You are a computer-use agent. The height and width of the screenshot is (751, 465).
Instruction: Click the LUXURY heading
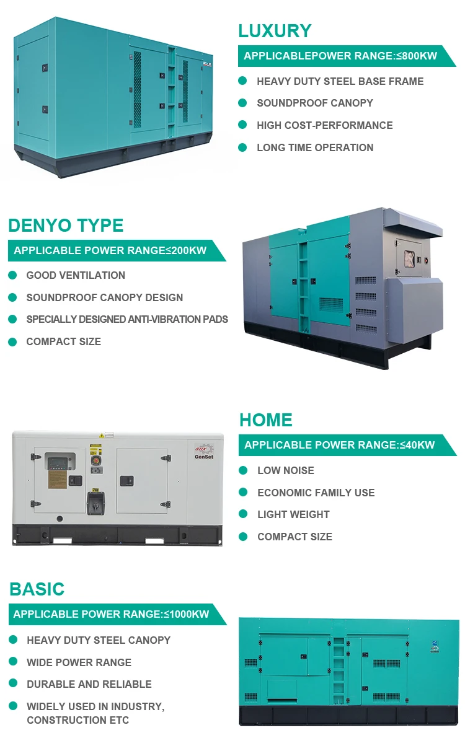275,31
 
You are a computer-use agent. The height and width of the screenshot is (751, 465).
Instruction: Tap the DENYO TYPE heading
66,225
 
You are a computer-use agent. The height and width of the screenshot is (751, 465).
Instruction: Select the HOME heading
266,419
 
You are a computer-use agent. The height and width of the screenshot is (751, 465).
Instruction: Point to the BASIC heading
37,589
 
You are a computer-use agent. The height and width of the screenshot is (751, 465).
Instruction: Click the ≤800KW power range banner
340,56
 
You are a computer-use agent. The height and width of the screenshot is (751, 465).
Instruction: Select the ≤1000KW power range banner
112,614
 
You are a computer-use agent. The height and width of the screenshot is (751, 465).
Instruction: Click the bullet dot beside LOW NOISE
243,470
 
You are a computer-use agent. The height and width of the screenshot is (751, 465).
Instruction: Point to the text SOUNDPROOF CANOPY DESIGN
104,297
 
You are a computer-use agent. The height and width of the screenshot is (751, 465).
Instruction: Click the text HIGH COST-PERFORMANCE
324,125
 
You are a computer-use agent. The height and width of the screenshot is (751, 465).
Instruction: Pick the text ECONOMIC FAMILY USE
316,493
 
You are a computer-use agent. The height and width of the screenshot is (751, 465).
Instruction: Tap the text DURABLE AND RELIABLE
89,684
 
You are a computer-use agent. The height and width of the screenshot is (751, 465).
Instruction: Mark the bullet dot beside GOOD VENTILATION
12,275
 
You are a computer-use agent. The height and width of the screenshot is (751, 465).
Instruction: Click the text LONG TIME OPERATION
315,147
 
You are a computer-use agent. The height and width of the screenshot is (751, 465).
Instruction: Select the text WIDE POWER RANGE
79,662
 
